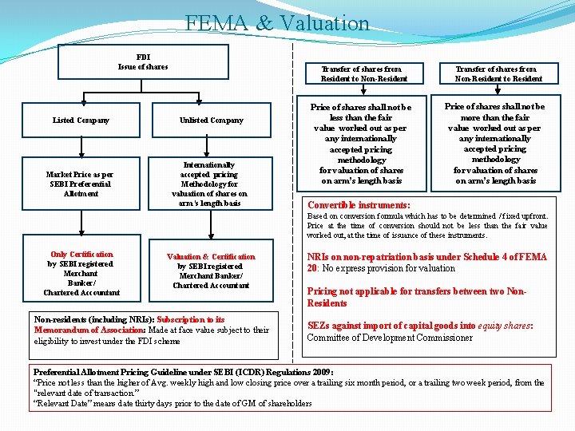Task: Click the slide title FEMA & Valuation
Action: coord(277,22)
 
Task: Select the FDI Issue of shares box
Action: coord(143,61)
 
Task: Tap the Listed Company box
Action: coord(81,121)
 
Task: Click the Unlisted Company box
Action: coord(211,121)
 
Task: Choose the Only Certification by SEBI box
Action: coord(81,274)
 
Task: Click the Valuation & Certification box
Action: coord(211,271)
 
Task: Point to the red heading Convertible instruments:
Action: coord(359,205)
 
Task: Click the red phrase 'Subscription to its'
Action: coord(192,320)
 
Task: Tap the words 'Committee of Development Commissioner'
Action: coord(389,338)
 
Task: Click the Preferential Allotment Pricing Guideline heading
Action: coord(183,372)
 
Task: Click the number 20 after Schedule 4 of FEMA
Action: coord(312,268)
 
